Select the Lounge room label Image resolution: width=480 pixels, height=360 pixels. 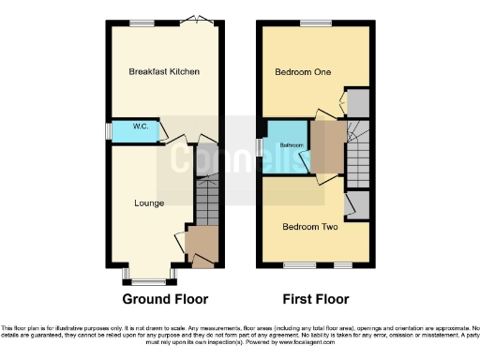[149, 202]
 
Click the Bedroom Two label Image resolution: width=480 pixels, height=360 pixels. [308, 227]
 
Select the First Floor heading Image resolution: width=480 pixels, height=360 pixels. [315, 300]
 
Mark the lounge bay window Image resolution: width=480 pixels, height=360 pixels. [148, 280]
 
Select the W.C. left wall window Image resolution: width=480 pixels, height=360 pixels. [108, 131]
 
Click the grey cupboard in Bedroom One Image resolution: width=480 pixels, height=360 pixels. [358, 103]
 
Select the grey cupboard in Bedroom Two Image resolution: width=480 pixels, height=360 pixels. [357, 204]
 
